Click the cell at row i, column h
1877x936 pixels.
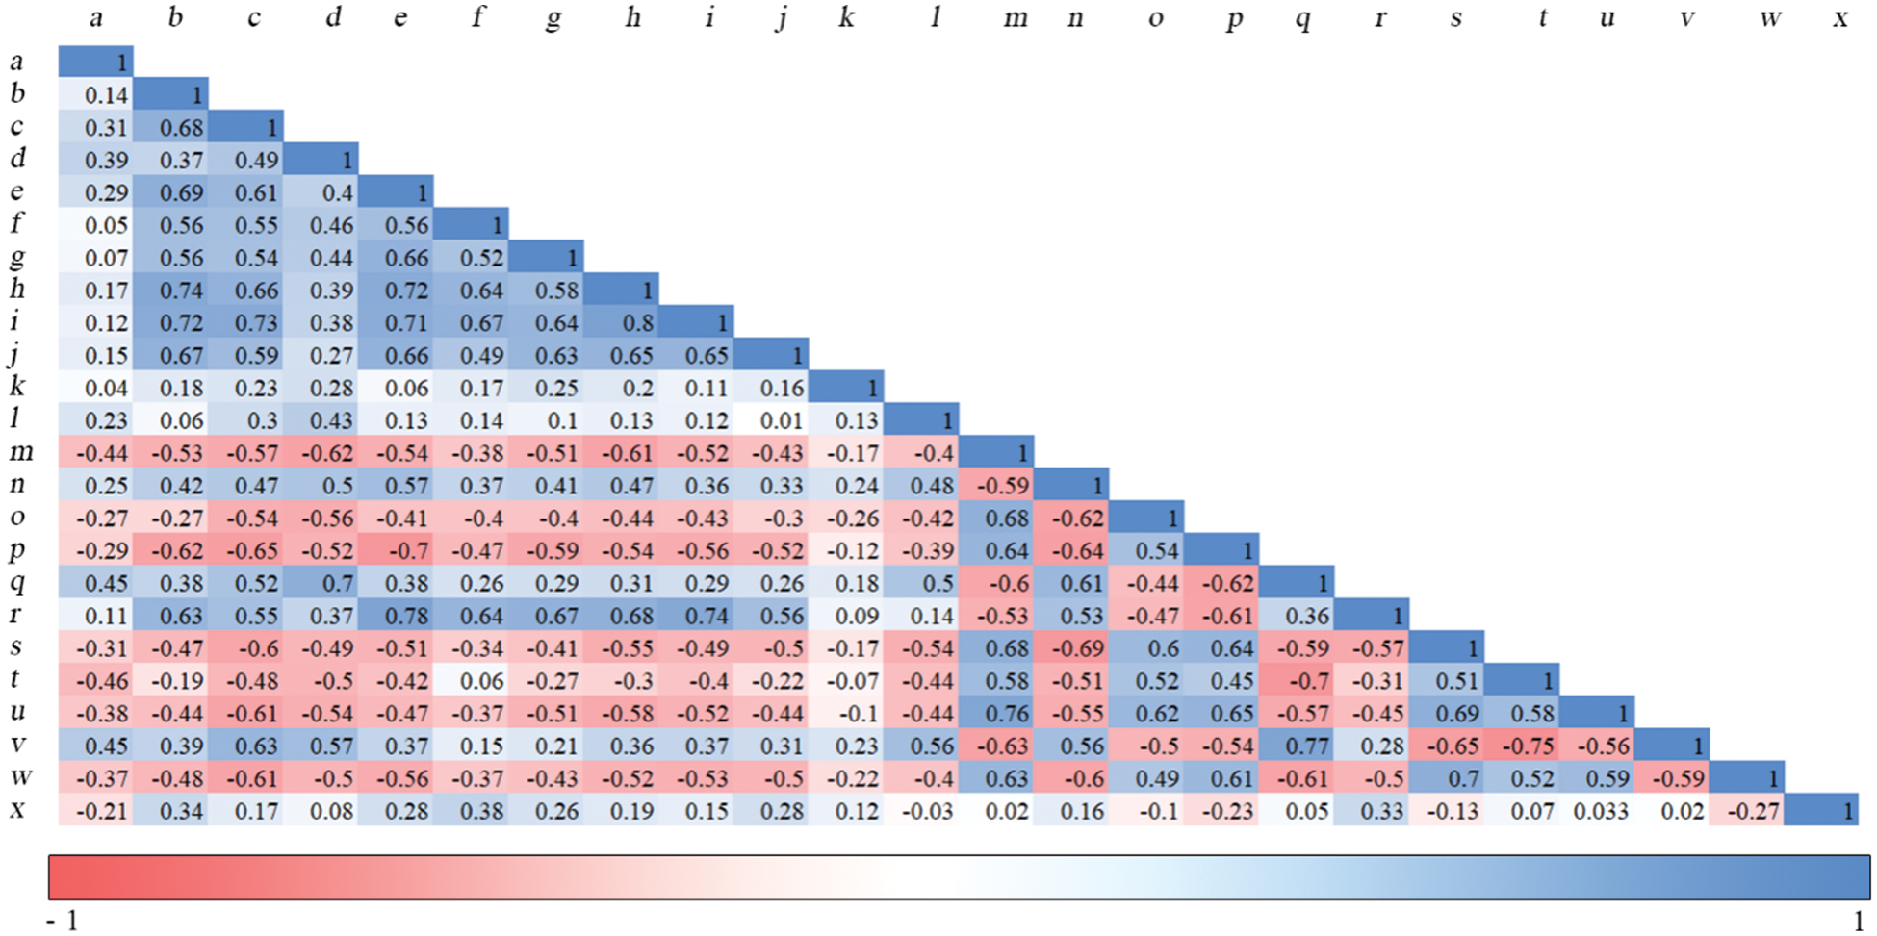click(x=621, y=322)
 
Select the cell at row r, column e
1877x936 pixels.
click(x=396, y=616)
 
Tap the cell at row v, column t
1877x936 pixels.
click(x=1522, y=746)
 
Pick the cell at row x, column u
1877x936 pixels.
click(x=1597, y=811)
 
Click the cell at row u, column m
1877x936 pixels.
click(x=996, y=714)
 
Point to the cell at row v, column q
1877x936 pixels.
click(x=1297, y=746)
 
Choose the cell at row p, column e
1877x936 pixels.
click(x=396, y=550)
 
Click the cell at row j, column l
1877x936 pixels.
click(x=921, y=355)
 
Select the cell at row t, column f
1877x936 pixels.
click(x=471, y=681)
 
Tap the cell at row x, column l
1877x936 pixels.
click(x=921, y=811)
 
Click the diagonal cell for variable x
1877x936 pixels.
click(x=1822, y=811)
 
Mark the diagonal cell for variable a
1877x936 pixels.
click(x=95, y=62)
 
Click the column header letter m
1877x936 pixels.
click(x=1015, y=18)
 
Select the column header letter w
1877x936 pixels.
click(x=1769, y=18)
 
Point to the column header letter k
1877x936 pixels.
click(x=846, y=17)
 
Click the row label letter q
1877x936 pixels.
click(x=17, y=583)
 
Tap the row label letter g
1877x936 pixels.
click(x=17, y=258)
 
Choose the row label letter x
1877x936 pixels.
click(x=17, y=810)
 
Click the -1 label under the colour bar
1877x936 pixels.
click(x=64, y=921)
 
